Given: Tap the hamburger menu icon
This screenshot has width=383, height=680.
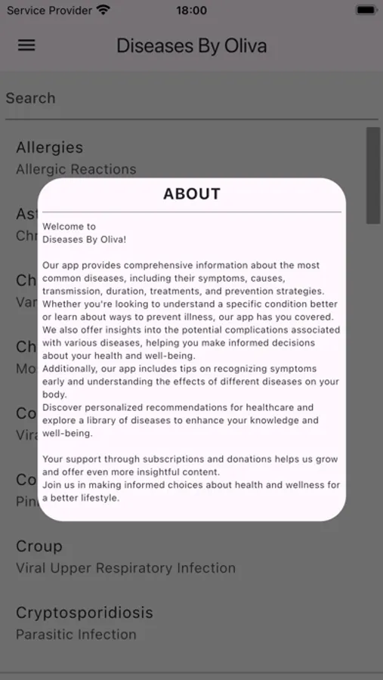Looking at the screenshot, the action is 26,45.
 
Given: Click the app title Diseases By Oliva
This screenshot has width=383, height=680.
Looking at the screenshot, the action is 191,46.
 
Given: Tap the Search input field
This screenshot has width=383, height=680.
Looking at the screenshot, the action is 191,98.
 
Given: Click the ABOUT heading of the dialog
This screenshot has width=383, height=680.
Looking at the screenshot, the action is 192,194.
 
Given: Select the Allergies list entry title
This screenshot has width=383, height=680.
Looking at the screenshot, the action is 50,147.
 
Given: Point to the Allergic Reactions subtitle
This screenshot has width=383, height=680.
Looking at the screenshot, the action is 76,169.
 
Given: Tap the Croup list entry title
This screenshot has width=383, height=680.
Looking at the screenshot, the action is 39,546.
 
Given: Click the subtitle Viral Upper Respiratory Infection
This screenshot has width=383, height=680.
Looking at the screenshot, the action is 126,568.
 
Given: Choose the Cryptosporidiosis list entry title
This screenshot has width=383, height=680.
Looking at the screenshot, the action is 85,612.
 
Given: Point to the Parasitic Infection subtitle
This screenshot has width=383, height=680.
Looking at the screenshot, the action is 76,635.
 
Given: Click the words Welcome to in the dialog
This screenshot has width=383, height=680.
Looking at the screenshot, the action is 69,226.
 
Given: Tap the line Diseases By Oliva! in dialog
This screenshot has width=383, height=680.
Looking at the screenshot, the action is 85,240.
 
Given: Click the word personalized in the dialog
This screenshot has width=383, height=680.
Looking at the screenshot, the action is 127,407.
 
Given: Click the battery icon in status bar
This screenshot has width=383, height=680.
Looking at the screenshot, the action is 366,11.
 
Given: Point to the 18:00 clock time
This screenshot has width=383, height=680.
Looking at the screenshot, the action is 191,11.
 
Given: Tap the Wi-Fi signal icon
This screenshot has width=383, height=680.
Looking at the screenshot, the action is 103,11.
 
